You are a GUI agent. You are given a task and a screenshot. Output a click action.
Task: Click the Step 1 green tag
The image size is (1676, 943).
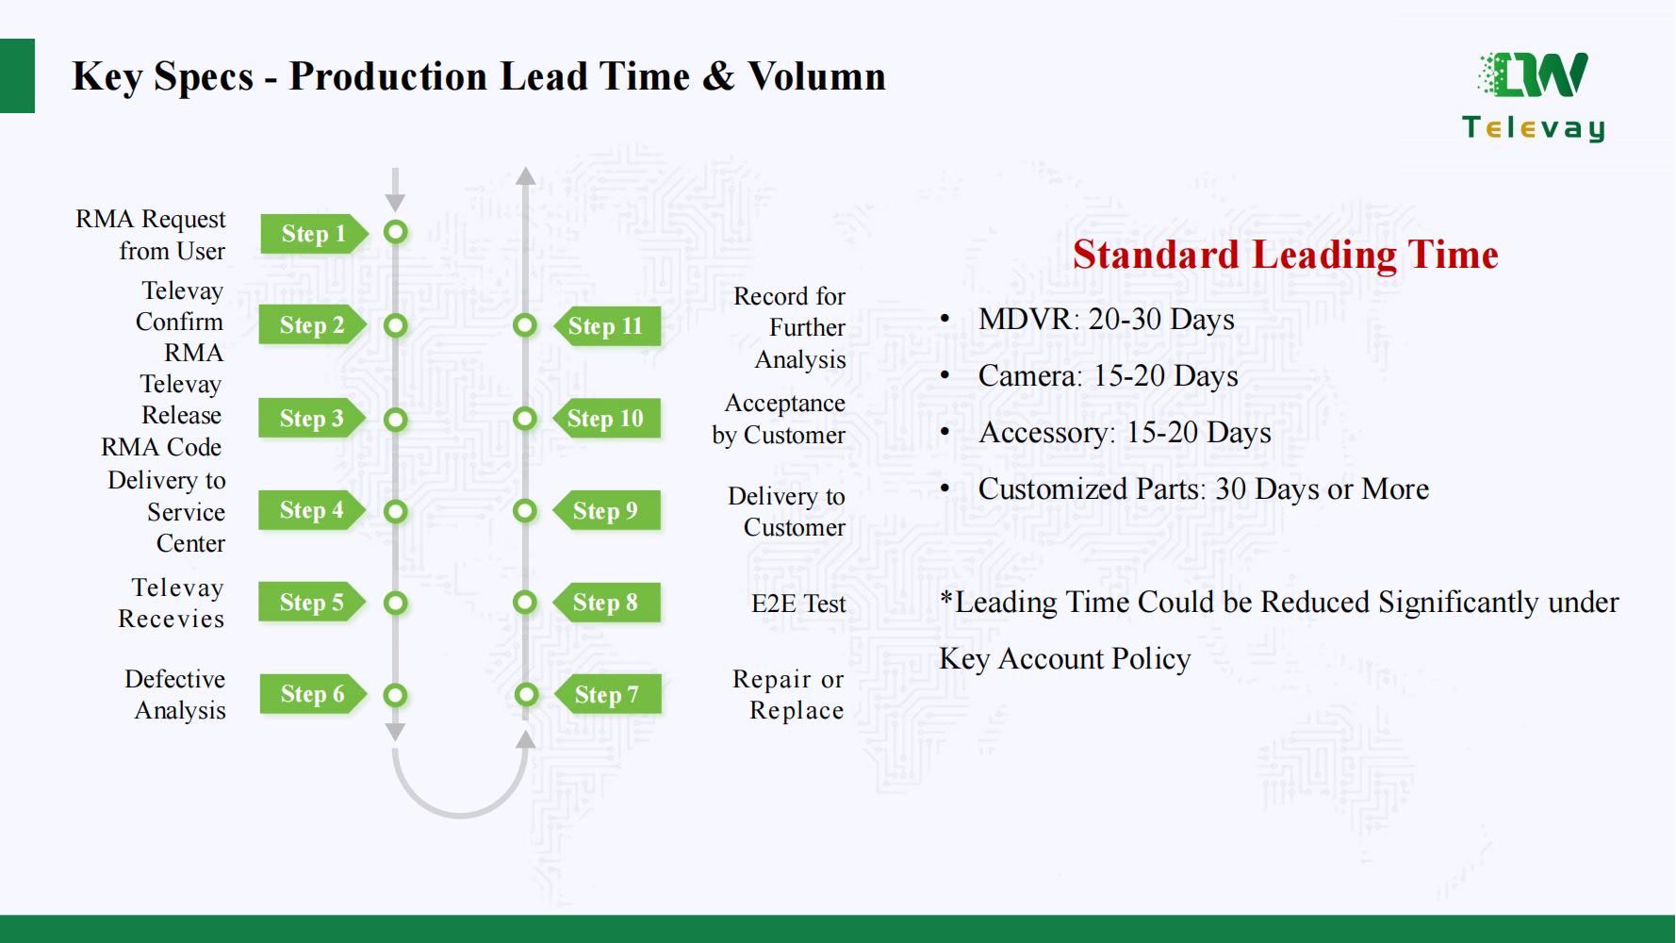coord(313,234)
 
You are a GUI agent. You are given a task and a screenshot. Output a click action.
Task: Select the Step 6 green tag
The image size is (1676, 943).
coord(313,695)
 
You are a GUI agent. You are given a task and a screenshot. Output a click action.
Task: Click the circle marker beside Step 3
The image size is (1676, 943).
coord(396,419)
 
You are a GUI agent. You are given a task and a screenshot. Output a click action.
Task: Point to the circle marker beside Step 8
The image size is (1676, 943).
coord(525,603)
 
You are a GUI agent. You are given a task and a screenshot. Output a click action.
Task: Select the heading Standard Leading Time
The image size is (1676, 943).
coord(1286,255)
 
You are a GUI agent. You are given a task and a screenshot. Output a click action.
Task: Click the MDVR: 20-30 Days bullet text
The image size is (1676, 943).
coord(1107,320)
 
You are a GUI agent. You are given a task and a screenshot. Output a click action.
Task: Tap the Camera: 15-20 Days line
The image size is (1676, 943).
coord(1109,376)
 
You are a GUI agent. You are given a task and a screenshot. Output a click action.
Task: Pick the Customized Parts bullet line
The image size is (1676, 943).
coord(1204,489)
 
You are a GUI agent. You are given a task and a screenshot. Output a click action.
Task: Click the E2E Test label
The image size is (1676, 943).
coord(798,604)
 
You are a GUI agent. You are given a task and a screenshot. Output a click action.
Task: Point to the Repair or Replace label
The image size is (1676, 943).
coord(788,695)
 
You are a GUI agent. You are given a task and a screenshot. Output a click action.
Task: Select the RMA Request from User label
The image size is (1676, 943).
coord(151,235)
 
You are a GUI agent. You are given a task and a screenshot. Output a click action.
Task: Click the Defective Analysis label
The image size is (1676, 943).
coord(175,695)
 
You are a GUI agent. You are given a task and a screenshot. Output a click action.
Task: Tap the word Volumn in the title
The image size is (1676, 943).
coord(817,76)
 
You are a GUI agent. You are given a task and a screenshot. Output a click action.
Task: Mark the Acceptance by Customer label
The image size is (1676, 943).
coord(779,419)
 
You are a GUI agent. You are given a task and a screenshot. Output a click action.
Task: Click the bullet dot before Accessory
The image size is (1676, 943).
coord(945,433)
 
